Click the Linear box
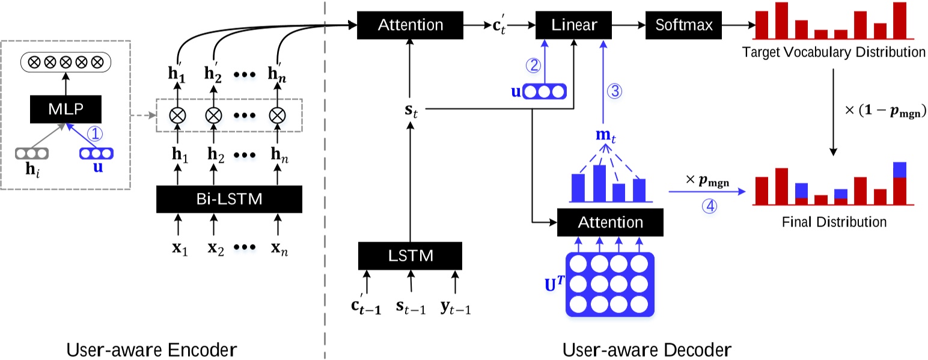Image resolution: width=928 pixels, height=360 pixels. coord(574,25)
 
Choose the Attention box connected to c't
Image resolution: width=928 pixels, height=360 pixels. coord(411,25)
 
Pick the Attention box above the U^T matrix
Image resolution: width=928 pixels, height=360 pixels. coord(610,222)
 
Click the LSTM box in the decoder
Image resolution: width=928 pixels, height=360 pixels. coord(411,255)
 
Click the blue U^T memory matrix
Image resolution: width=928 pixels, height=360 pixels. coord(609,284)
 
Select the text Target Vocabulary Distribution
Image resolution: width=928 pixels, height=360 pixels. coord(833,52)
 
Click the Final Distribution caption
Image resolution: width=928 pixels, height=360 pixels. coord(834,222)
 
